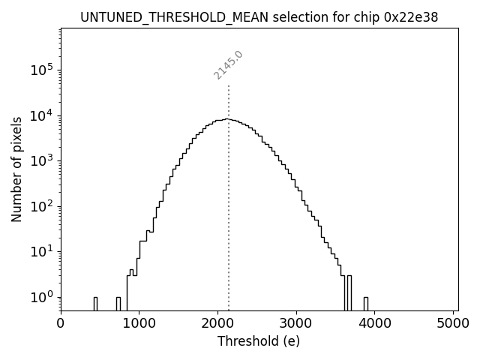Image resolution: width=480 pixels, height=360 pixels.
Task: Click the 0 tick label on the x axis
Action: coord(61,323)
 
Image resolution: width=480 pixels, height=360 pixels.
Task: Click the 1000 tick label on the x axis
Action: coord(139,323)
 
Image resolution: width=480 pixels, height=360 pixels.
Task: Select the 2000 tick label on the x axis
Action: coord(217,323)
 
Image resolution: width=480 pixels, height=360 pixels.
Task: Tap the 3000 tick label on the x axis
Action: coord(296,323)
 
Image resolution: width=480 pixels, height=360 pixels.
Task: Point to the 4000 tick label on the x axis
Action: coord(375,323)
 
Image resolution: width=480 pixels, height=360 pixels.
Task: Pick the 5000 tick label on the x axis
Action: coord(453,323)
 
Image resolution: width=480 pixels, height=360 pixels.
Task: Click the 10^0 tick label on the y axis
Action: coord(41,297)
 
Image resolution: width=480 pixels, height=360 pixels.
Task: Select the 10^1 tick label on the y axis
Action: coord(41,251)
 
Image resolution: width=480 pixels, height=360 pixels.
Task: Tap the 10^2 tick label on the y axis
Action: coord(41,206)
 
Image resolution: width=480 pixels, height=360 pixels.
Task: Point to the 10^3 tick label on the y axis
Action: coord(41,160)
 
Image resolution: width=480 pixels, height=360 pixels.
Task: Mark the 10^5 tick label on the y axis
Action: coord(41,70)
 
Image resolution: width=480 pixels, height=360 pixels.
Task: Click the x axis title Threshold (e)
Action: coord(259,341)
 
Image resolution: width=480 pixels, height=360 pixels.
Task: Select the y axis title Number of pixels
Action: coord(16,169)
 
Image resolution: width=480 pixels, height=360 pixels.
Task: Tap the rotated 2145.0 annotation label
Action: coord(228,65)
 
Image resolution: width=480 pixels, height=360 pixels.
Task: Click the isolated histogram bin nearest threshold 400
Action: coord(95,304)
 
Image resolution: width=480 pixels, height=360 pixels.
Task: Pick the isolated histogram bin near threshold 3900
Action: coord(366,304)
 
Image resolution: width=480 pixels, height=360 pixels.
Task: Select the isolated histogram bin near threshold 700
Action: coord(118,304)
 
